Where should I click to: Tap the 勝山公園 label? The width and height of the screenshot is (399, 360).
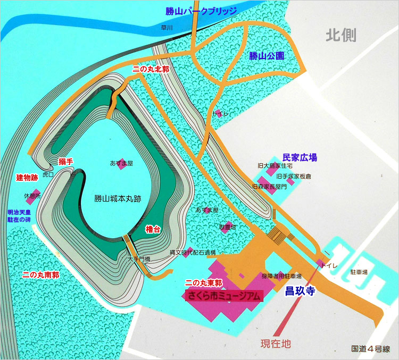(267, 56)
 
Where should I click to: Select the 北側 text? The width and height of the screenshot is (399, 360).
(341, 36)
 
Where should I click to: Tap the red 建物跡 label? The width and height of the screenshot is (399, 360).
(26, 177)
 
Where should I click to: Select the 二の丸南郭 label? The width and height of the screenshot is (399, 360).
(40, 275)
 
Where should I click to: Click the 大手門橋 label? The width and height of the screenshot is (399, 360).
(139, 259)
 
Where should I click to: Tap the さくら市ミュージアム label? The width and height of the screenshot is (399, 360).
(223, 296)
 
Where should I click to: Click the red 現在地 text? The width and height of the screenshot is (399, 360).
(276, 343)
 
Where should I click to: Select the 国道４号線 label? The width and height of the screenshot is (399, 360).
(370, 349)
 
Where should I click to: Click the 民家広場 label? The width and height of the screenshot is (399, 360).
(300, 157)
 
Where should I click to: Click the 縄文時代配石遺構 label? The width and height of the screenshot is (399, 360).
(193, 252)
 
